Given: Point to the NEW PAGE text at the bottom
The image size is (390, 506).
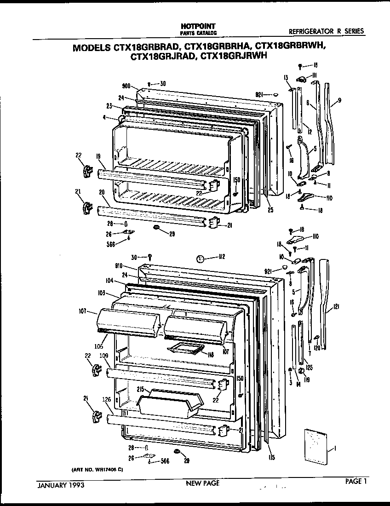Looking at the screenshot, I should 202,483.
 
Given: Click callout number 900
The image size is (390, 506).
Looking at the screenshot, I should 127,86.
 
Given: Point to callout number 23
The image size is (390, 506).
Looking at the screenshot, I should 110,104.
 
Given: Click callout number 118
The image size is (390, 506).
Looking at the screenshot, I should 211,354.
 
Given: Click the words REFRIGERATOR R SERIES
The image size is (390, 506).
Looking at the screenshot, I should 326,31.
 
